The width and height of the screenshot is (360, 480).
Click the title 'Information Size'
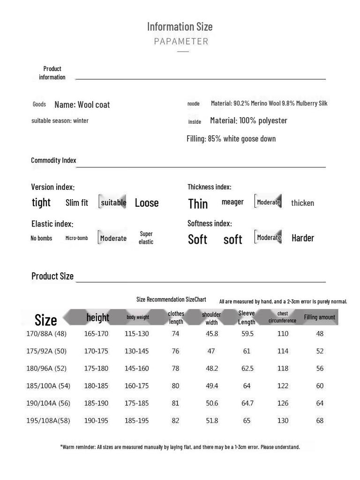[180, 26]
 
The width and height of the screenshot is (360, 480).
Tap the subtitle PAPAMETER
[181, 41]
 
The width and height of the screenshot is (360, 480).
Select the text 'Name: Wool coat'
[82, 105]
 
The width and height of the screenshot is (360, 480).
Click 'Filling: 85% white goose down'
[231, 139]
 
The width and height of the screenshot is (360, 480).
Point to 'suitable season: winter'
[60, 121]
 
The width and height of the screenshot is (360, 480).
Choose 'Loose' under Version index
[147, 203]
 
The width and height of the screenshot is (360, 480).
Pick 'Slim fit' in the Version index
[77, 203]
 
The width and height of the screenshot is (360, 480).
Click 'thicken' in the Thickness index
[302, 203]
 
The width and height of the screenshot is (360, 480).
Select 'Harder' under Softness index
[303, 238]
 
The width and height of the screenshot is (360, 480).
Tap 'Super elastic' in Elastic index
[146, 238]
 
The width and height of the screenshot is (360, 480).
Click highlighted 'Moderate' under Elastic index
[113, 238]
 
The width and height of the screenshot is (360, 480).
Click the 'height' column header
[97, 318]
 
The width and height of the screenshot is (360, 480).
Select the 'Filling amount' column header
[320, 317]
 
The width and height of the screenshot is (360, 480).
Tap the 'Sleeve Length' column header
[247, 318]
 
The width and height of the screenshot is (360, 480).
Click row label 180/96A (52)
[46, 368]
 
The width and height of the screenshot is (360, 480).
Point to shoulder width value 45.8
[212, 334]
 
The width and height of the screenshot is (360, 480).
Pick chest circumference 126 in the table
[283, 403]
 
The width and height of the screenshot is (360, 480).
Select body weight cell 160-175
[136, 386]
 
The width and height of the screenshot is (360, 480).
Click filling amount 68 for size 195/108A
[320, 420]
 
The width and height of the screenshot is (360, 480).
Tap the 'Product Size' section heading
[52, 276]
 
